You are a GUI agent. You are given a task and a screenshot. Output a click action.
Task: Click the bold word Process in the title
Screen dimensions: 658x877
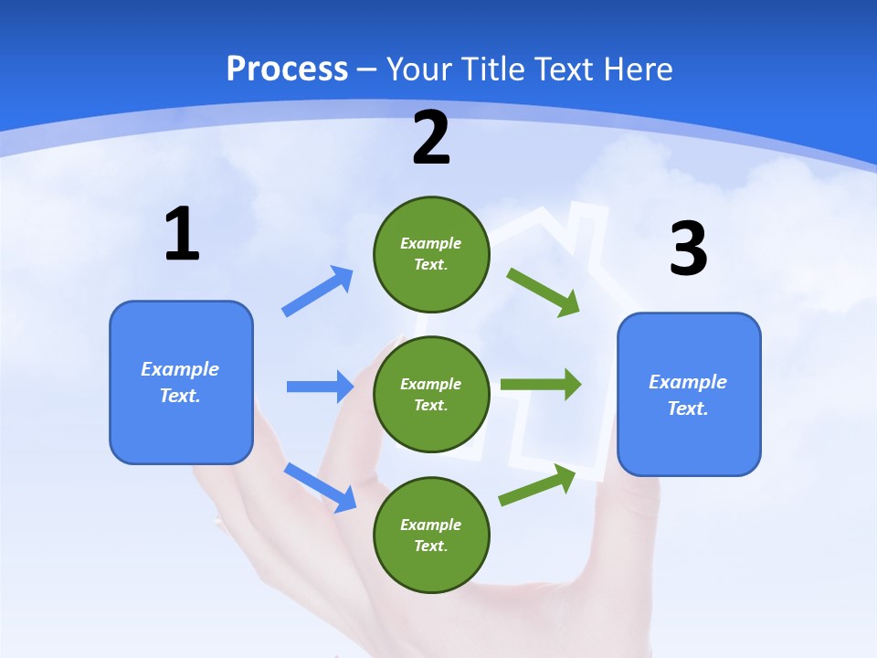(287, 69)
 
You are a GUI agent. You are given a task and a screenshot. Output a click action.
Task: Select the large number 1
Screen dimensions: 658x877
(182, 235)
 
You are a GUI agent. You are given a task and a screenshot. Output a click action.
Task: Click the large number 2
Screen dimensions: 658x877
(431, 138)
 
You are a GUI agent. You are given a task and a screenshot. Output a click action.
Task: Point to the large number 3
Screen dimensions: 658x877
(688, 249)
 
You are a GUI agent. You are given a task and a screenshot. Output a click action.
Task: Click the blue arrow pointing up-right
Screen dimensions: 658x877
(318, 292)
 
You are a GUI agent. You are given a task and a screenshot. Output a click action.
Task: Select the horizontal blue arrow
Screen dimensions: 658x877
(320, 387)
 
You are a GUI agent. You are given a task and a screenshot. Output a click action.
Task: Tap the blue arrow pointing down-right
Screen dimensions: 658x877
(321, 487)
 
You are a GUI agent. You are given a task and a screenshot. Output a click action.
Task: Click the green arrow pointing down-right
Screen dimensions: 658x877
(544, 292)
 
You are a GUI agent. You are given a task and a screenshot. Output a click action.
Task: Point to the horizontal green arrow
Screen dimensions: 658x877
(540, 384)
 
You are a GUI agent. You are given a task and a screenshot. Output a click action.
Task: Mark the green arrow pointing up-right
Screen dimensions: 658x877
(537, 484)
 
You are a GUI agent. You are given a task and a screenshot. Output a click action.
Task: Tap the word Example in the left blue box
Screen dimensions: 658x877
(180, 369)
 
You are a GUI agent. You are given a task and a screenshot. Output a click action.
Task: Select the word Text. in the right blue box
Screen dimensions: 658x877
(688, 409)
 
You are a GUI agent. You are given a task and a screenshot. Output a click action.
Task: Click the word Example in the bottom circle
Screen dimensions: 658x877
(431, 525)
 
